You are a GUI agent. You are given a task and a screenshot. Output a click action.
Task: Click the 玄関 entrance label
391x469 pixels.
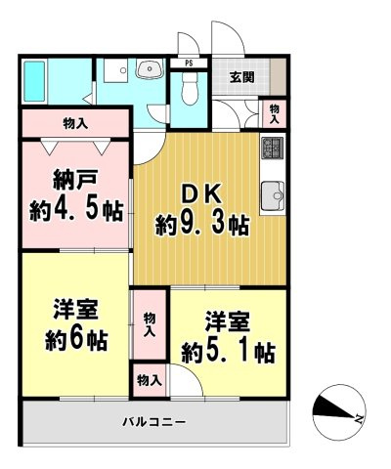tap(240, 77)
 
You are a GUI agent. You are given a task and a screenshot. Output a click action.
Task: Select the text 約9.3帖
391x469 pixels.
tap(201, 225)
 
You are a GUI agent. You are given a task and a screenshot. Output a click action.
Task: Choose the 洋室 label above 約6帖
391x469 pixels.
tap(74, 312)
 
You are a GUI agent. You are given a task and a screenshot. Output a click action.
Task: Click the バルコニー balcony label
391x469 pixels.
tap(154, 422)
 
